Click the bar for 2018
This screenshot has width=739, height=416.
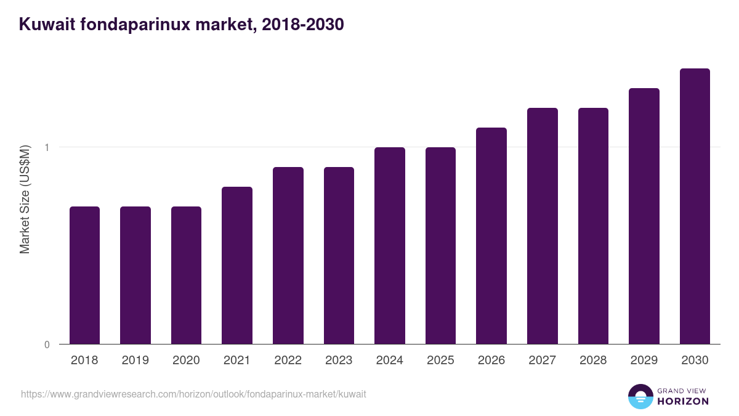tap(84, 275)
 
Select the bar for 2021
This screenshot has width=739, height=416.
tap(237, 265)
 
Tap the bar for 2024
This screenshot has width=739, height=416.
tap(390, 245)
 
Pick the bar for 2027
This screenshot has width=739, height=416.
tap(543, 226)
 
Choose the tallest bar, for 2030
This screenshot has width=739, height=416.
tap(695, 206)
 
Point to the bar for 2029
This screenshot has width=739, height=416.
tap(644, 216)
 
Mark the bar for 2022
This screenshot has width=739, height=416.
tap(288, 255)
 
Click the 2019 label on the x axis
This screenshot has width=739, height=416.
tap(135, 361)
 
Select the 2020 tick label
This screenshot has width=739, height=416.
tap(186, 361)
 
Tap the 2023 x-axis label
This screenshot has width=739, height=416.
tap(339, 361)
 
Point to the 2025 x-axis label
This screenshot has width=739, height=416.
tap(440, 361)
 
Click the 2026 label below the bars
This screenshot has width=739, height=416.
tap(491, 361)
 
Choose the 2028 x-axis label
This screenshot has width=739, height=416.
tap(593, 361)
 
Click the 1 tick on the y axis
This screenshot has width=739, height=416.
tap(46, 147)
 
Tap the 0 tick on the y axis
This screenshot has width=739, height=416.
tap(47, 345)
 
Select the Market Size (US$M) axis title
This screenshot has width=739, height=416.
tap(25, 199)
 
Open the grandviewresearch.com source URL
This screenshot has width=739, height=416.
tap(193, 394)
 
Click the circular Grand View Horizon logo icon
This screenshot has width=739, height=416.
tap(640, 396)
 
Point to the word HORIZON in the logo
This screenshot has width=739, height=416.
tap(683, 401)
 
